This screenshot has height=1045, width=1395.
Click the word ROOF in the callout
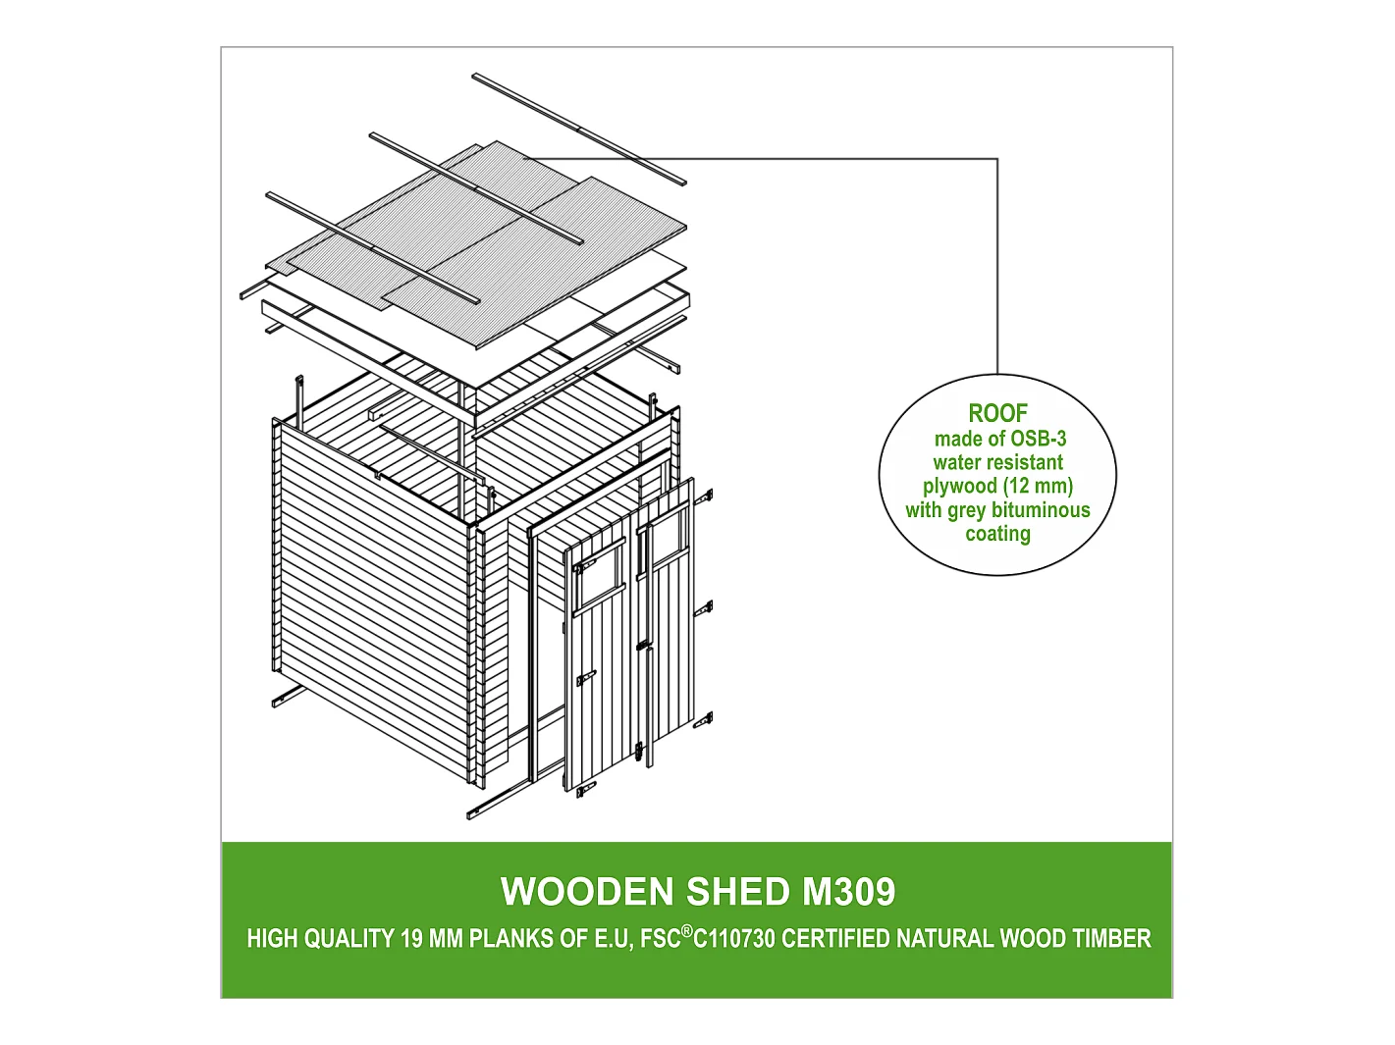[997, 414]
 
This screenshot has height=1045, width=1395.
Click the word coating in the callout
[997, 534]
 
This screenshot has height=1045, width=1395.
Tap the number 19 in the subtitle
[411, 939]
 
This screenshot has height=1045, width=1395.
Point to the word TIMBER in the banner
[1111, 939]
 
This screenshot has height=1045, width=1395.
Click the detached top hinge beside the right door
[704, 497]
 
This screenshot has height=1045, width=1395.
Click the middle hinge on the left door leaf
[586, 677]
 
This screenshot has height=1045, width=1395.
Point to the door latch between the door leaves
[642, 649]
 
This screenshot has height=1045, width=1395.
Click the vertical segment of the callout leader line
[997, 265]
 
